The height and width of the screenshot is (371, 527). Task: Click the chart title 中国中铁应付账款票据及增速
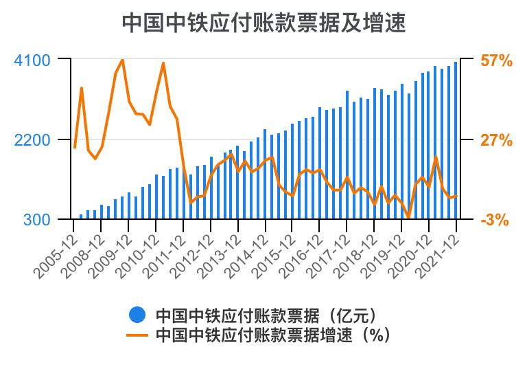[x=263, y=23]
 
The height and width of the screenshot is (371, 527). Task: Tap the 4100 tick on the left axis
[x=32, y=60]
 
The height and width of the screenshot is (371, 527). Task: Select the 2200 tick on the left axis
[x=32, y=140]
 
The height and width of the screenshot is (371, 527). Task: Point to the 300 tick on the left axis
[x=37, y=220]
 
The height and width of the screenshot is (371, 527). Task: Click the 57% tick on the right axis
[x=496, y=60]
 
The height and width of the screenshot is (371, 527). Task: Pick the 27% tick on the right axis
[x=496, y=140]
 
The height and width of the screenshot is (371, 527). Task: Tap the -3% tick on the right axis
[x=495, y=220]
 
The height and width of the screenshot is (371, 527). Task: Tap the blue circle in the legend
[x=137, y=315]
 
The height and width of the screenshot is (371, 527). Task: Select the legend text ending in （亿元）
[x=267, y=315]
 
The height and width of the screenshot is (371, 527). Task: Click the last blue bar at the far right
[x=456, y=141]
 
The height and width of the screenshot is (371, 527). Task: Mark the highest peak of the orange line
[x=122, y=60]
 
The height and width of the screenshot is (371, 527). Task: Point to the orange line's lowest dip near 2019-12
[x=408, y=218]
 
